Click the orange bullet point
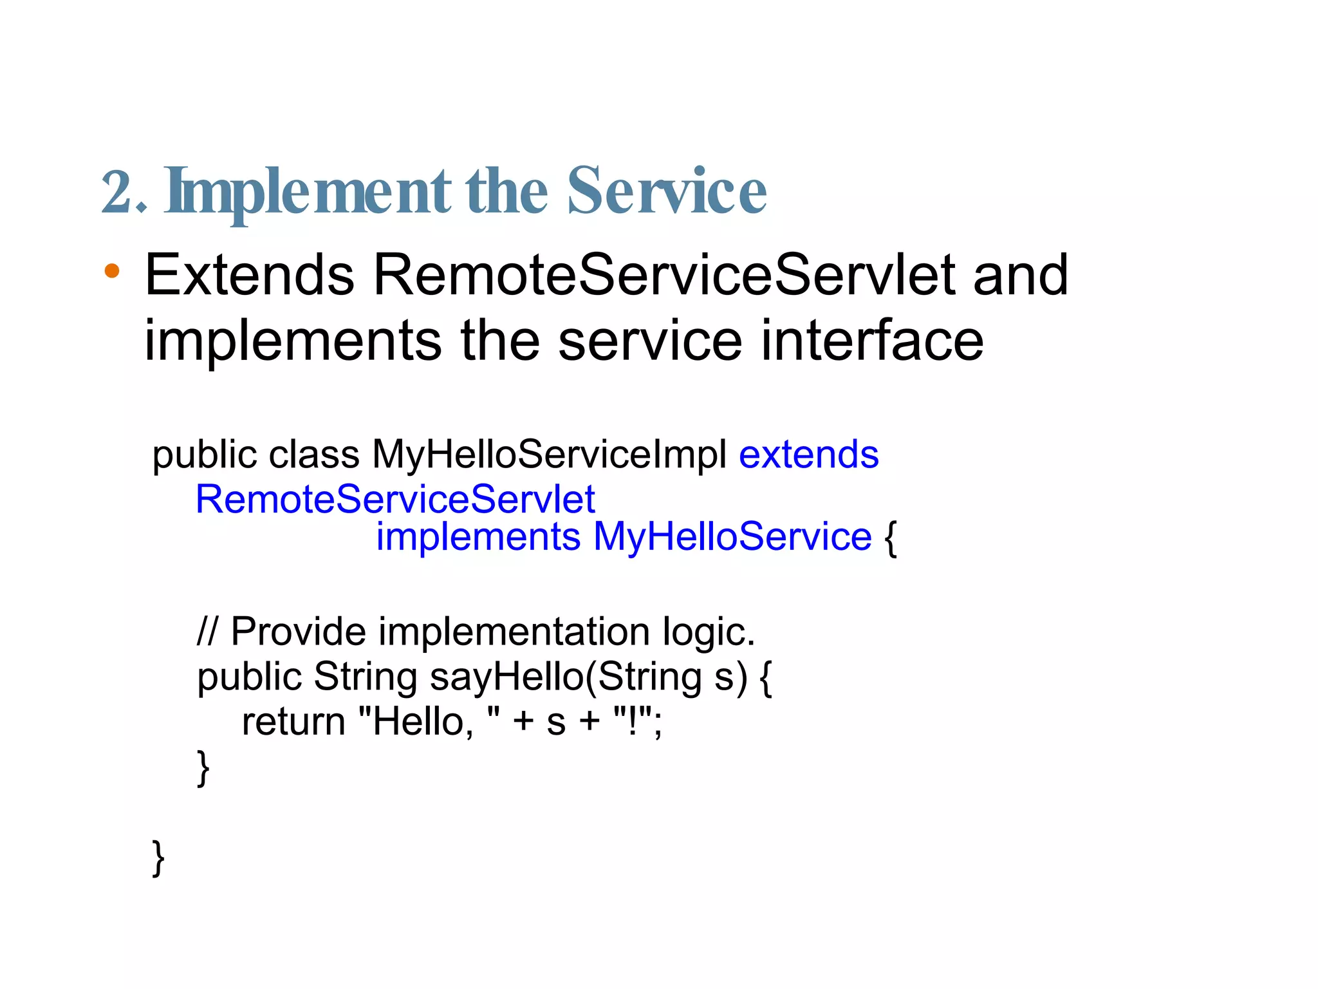[x=112, y=270]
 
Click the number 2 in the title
[x=118, y=191]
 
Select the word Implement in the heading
[x=308, y=191]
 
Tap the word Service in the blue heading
[x=667, y=191]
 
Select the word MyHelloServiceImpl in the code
[x=549, y=455]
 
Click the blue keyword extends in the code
[x=808, y=455]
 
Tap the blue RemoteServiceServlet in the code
[x=395, y=500]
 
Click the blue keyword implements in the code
[x=478, y=537]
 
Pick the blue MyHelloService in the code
[x=732, y=537]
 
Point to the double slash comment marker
[x=207, y=631]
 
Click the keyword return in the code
[x=293, y=722]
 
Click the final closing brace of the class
[x=158, y=858]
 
